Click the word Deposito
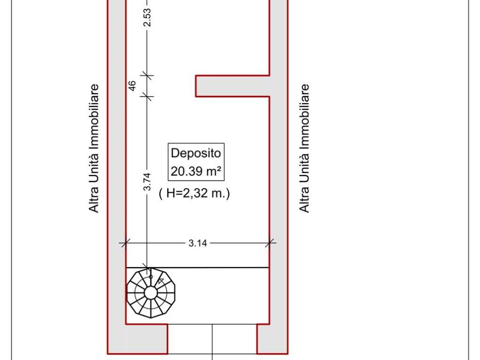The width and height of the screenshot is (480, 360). (195, 153)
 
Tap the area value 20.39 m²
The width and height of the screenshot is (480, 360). (195, 171)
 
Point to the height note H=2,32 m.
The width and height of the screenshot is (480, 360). (195, 193)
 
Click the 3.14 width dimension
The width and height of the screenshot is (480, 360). (197, 243)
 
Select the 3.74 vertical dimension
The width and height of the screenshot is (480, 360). (147, 182)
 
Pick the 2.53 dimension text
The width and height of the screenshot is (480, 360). (147, 17)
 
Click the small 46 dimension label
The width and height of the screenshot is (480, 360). (132, 86)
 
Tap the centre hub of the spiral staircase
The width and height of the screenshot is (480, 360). (150, 293)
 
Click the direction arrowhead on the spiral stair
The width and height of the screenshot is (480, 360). (161, 281)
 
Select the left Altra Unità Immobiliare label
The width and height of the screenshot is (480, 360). (94, 148)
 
